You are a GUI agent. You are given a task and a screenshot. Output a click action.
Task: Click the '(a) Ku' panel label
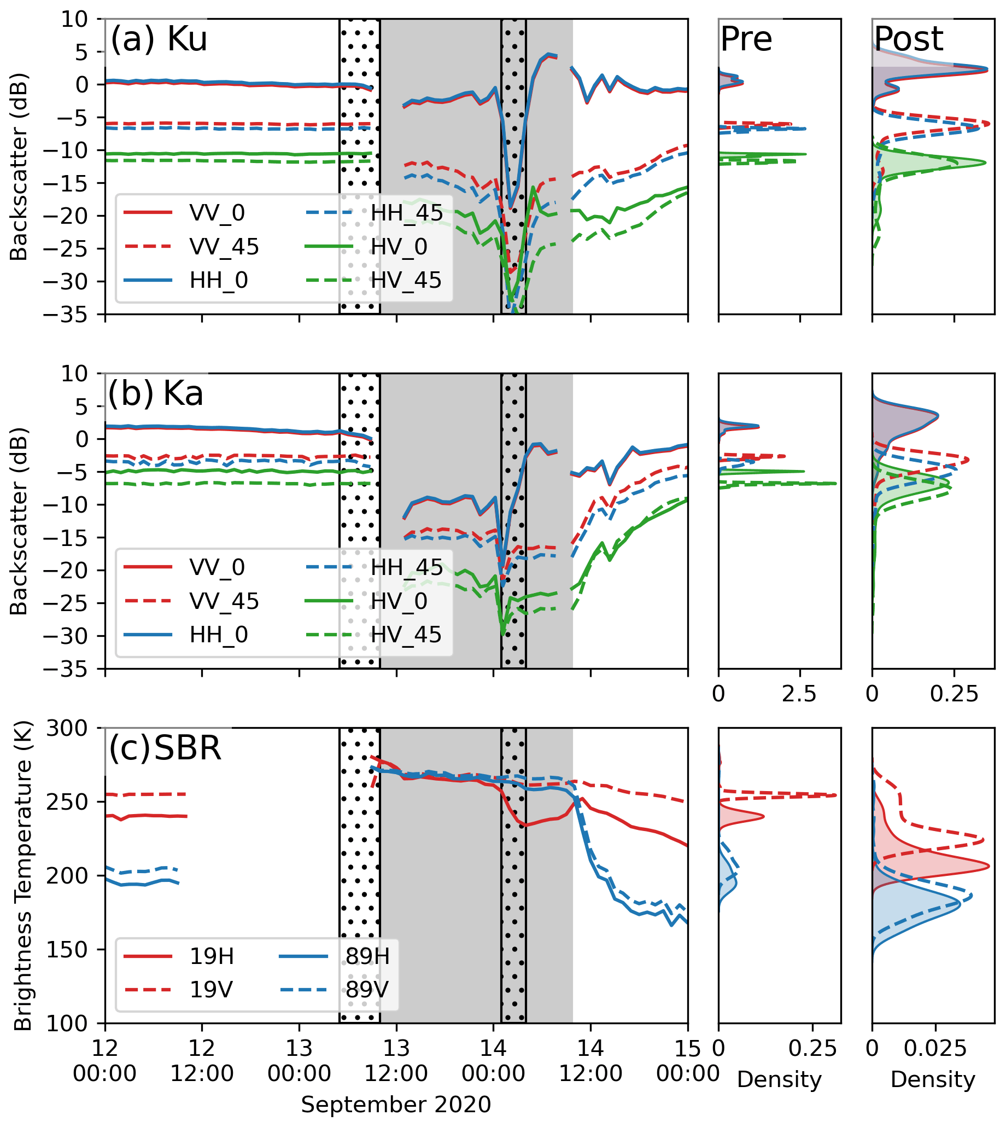coord(159,40)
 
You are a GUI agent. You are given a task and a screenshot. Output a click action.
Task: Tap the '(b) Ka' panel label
coord(156,394)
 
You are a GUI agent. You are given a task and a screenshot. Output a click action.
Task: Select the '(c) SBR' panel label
coord(165,749)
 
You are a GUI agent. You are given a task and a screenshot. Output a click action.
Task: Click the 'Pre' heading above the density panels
coord(746,40)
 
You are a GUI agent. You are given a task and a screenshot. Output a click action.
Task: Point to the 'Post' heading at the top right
coord(909,40)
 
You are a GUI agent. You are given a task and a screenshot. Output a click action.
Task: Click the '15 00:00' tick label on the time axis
coord(688,1061)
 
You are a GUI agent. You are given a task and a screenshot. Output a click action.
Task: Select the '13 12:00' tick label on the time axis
coord(396,1061)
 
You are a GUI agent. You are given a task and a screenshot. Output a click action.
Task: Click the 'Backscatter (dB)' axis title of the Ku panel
coord(19,167)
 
